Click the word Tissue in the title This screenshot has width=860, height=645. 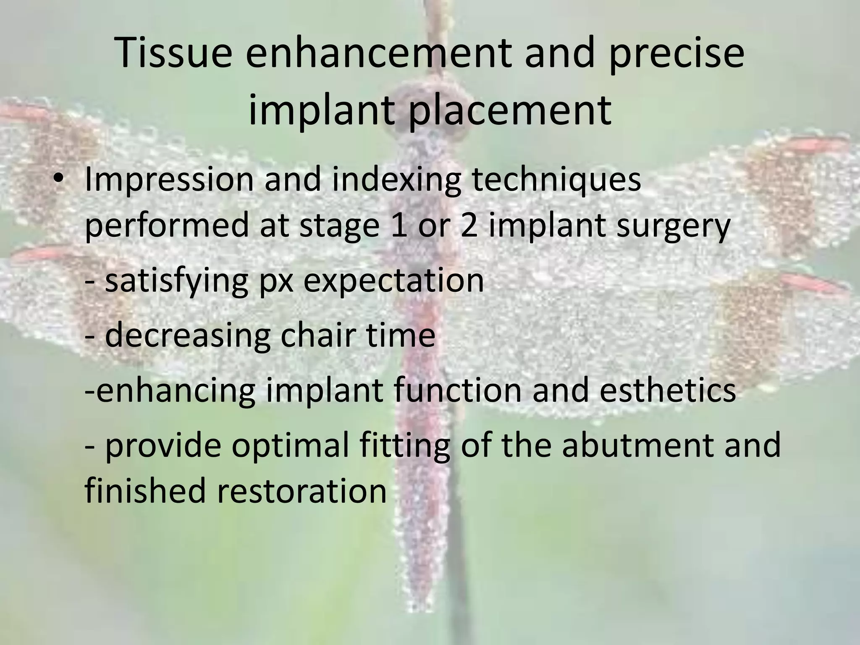[173, 54]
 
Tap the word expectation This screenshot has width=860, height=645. [393, 281]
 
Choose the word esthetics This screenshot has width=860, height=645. [668, 390]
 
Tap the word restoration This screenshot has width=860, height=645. [302, 490]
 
